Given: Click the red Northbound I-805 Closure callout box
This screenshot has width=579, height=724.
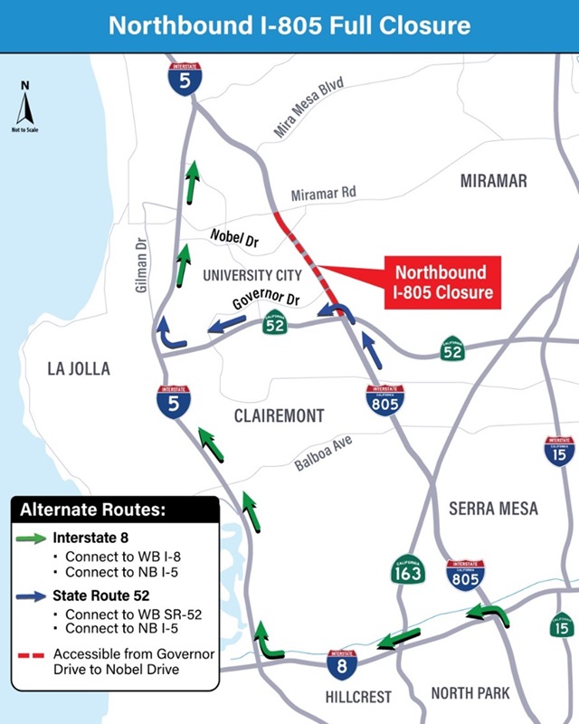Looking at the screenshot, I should [441, 281].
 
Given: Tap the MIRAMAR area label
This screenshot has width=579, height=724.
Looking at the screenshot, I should [493, 181].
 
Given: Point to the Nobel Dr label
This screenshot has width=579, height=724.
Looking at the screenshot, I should [235, 238].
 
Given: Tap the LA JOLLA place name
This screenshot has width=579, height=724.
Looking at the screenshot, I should [79, 368].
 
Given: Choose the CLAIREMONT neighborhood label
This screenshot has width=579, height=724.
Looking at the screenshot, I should [279, 416].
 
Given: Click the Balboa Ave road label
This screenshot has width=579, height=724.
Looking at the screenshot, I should [323, 452].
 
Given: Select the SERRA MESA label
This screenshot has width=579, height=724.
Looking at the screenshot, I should [493, 509].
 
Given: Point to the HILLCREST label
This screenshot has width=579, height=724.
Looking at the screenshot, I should [358, 697].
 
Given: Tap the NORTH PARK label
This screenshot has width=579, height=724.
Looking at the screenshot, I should [470, 693].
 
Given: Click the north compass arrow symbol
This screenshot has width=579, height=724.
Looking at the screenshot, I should [25, 107].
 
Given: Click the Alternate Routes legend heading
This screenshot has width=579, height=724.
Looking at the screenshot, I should [93, 510].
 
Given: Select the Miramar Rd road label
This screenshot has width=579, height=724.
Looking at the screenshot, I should [323, 195].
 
